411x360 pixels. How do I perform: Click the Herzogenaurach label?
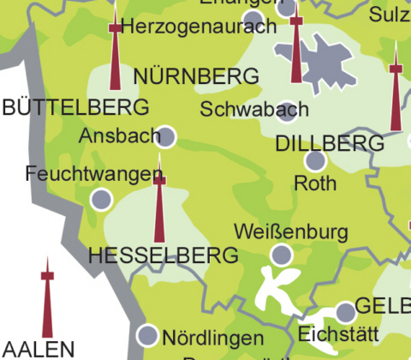pos(199,27)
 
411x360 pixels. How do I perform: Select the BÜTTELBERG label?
pos(76,107)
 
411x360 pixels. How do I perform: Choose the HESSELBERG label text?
pos(163,255)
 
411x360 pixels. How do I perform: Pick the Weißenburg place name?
pos(290,231)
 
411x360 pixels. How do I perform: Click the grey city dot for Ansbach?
pos(166,136)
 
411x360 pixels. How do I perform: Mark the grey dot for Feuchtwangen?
pos(101,200)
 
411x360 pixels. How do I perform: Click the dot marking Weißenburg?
pos(281,254)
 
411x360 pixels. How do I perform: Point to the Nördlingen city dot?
pos(148,335)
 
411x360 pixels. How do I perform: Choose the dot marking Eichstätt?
pos(345,311)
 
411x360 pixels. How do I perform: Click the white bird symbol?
pos(277,287)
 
